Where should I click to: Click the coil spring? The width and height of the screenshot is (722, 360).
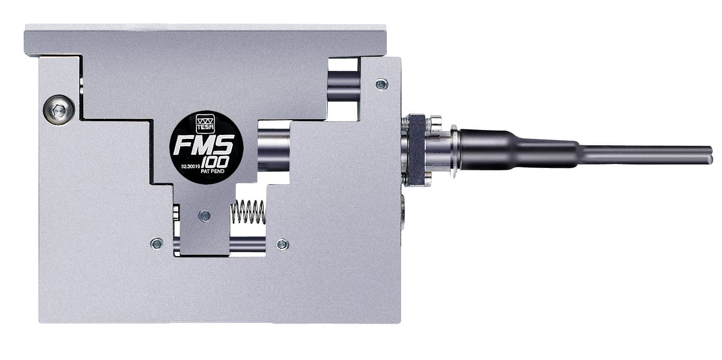click(x=248, y=212)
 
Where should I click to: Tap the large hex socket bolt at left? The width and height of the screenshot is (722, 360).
click(x=59, y=109)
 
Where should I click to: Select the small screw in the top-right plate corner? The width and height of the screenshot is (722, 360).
click(x=381, y=84)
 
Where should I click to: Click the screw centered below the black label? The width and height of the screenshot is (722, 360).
click(x=204, y=216)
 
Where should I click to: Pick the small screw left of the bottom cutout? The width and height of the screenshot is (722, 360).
click(x=157, y=243)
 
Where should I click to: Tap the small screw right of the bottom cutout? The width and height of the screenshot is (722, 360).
click(x=283, y=244)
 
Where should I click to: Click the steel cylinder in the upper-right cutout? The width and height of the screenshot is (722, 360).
click(x=343, y=86)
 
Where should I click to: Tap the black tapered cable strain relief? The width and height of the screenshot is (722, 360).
click(x=517, y=149)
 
